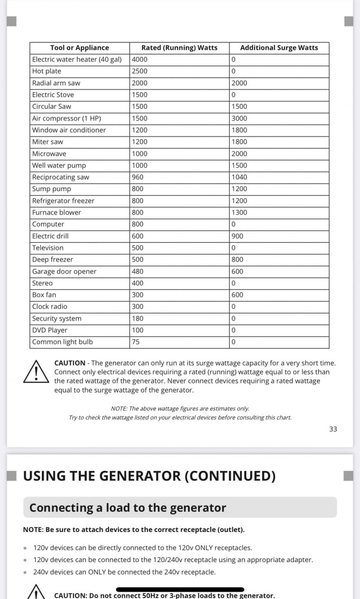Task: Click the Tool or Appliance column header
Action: [80, 48]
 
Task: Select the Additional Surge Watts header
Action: [279, 48]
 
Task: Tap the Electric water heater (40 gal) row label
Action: [77, 59]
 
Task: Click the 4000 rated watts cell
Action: [139, 59]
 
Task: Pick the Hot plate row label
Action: [47, 71]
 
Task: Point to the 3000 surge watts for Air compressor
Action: [239, 118]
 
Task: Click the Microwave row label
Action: [49, 153]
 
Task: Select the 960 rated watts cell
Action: [138, 177]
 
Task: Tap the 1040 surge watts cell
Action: [239, 177]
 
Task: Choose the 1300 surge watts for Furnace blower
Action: [239, 212]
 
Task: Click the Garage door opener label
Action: [64, 271]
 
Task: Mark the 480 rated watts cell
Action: [138, 271]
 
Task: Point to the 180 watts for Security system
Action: [138, 318]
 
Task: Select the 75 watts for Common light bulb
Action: [136, 342]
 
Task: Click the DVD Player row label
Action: [49, 330]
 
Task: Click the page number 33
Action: [333, 429]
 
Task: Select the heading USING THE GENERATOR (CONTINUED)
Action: [149, 476]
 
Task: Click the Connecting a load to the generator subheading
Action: [128, 508]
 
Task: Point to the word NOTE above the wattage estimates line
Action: [119, 409]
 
